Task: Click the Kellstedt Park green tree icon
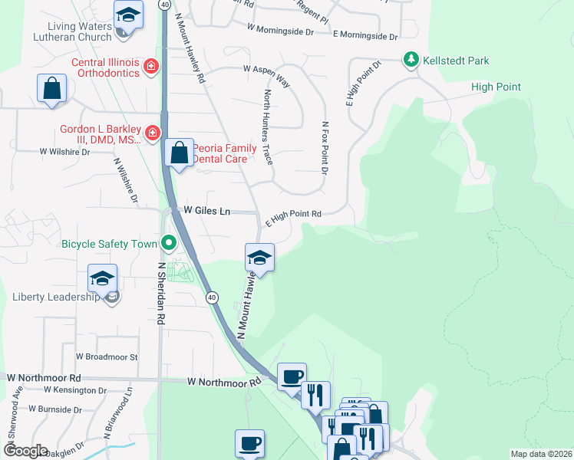(x=411, y=60)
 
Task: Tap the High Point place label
(x=496, y=87)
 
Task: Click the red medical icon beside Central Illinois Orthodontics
(x=152, y=67)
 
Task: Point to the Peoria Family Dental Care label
(x=219, y=153)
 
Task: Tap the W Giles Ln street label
(x=206, y=210)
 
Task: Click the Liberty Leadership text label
(x=56, y=297)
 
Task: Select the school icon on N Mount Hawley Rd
(x=259, y=258)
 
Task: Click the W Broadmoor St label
(x=102, y=357)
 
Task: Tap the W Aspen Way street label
(x=266, y=75)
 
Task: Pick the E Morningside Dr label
(x=365, y=36)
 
